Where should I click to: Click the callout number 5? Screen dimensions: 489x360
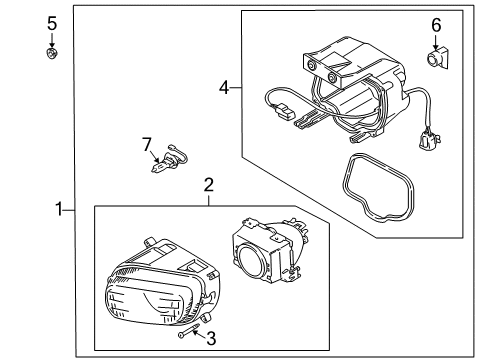pos(52,24)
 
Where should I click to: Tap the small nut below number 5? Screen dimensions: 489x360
pos(52,53)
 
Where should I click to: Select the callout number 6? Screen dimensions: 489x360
pos(436,25)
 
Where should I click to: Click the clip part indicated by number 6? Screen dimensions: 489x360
pos(437,58)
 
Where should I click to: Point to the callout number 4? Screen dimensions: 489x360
pos(224,88)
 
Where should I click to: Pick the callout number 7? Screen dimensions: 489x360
pos(147,144)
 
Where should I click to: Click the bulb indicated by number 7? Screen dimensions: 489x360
pos(169,159)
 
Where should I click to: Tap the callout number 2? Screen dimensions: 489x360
pos(208,185)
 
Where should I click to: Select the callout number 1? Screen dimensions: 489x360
pos(59,209)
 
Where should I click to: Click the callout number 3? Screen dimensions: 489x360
pos(211,338)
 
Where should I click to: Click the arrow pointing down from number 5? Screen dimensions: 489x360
pos(52,41)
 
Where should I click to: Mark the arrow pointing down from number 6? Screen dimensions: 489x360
pos(436,43)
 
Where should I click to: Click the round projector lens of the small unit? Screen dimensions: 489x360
pos(251,261)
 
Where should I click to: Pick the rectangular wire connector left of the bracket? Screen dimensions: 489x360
pos(284,111)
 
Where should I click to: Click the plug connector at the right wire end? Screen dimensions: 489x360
pos(429,138)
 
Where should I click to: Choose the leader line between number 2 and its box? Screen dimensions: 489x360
pos(209,200)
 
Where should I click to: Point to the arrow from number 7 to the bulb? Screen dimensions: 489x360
pos(154,156)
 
